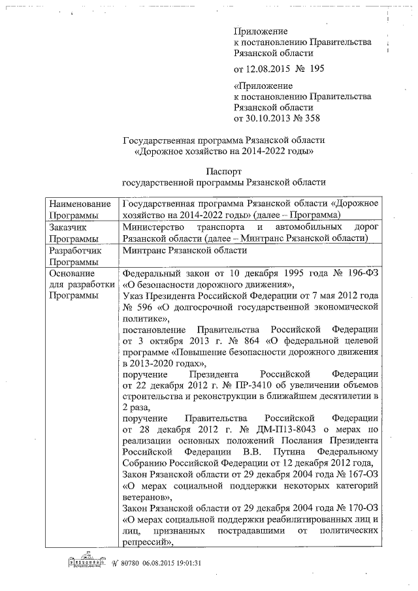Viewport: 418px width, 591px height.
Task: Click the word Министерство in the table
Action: click(154, 227)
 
